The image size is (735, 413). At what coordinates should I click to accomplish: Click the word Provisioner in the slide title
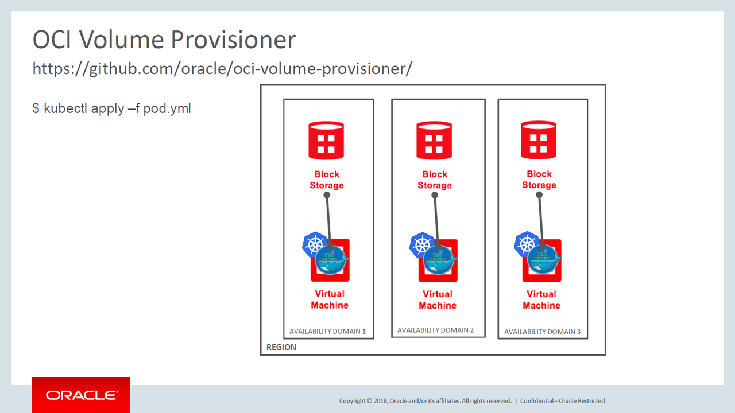click(233, 40)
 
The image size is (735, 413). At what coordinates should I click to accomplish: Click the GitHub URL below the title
click(222, 69)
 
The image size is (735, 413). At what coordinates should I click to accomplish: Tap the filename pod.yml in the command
click(167, 109)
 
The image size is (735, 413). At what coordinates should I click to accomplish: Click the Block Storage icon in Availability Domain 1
click(326, 141)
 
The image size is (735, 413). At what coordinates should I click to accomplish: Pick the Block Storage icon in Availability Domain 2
click(434, 141)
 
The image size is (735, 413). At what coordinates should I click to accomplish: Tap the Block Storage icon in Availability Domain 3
click(539, 140)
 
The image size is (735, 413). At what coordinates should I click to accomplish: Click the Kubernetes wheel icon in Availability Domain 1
click(314, 244)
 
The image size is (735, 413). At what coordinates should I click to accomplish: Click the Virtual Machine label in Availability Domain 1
click(330, 299)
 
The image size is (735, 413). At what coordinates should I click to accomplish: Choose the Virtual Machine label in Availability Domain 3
click(541, 299)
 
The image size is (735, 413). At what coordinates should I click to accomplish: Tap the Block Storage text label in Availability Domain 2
click(435, 180)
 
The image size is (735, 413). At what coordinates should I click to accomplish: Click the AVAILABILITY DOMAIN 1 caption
click(327, 332)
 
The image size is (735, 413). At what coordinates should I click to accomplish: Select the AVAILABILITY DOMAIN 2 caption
click(435, 330)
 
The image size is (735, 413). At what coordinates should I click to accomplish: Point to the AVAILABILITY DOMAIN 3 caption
click(542, 332)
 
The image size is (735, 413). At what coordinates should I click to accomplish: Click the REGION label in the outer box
click(281, 347)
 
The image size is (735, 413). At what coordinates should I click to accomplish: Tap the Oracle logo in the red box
click(82, 395)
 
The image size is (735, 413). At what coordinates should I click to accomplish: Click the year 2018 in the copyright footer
click(380, 401)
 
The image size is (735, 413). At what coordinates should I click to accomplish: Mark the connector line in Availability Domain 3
click(541, 220)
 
